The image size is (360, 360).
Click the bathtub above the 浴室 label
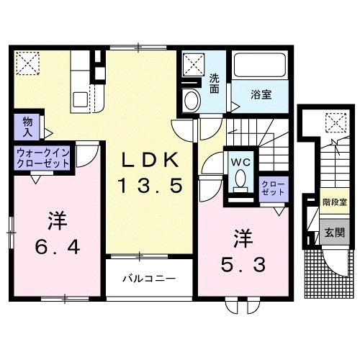(x=260, y=66)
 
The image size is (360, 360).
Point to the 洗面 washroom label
(x=215, y=84)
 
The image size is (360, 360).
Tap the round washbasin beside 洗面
(x=191, y=100)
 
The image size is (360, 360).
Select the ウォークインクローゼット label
(x=43, y=158)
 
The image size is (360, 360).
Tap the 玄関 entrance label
(x=334, y=233)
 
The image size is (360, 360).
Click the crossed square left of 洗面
(x=194, y=66)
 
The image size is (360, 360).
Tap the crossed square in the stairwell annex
(x=334, y=123)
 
